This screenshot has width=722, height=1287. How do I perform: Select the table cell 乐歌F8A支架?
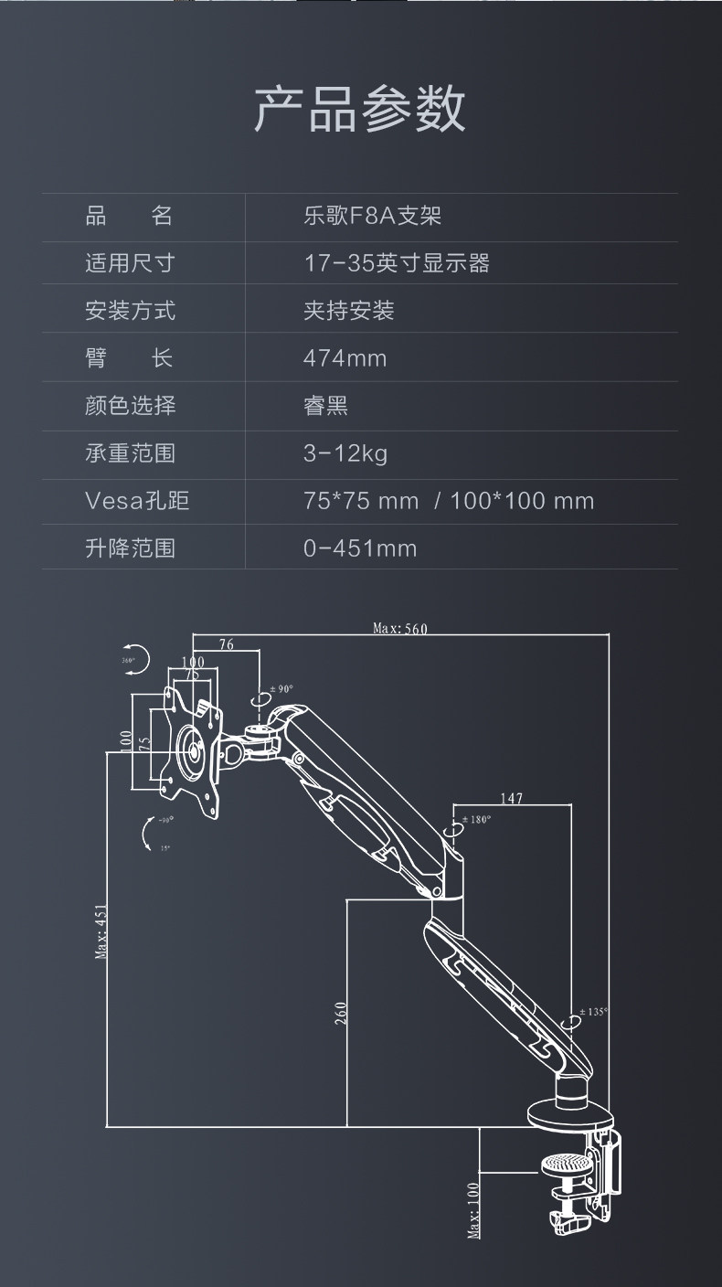tap(373, 217)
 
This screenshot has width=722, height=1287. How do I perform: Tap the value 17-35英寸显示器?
tap(397, 264)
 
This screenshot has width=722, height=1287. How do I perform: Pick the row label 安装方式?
tap(130, 312)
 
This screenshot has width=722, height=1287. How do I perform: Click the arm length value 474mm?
tap(345, 359)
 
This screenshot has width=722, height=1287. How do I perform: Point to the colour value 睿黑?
tap(326, 406)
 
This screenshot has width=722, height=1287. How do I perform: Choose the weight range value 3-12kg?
tap(345, 454)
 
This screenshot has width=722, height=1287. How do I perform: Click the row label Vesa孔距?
tap(137, 501)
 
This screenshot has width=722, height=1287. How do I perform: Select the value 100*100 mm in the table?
tap(522, 501)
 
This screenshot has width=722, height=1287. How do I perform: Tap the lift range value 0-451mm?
tap(360, 548)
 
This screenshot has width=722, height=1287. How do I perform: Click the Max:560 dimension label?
tap(400, 628)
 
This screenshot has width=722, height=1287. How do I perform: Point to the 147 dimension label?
tap(512, 798)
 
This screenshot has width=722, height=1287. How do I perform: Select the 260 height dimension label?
tap(341, 1012)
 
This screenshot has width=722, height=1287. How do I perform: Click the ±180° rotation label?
tap(476, 819)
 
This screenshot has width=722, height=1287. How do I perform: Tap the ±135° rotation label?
tap(593, 1012)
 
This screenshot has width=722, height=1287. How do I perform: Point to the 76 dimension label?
tap(227, 644)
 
